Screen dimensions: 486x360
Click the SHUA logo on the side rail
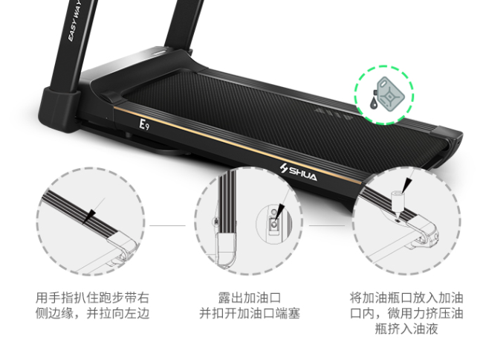pyautogui.click(x=298, y=173)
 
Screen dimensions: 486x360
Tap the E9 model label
pyautogui.click(x=143, y=124)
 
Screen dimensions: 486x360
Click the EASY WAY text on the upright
pyautogui.click(x=74, y=21)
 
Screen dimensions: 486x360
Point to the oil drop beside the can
pyautogui.click(x=374, y=103)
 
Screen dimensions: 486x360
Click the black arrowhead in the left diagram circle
pyautogui.click(x=89, y=216)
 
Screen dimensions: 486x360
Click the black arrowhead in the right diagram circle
pyautogui.click(x=407, y=186)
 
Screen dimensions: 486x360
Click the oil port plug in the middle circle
pyautogui.click(x=273, y=223)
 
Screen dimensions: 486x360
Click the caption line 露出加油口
pyautogui.click(x=250, y=298)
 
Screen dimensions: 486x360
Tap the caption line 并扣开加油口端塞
pyautogui.click(x=250, y=313)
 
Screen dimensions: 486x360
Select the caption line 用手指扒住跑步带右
pyautogui.click(x=92, y=298)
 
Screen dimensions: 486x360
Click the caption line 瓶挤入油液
pyautogui.click(x=406, y=329)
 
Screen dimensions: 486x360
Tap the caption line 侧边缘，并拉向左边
pyautogui.click(x=92, y=313)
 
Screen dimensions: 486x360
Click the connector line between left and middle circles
pyautogui.click(x=167, y=225)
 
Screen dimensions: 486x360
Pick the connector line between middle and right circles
pyautogui.click(x=326, y=225)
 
